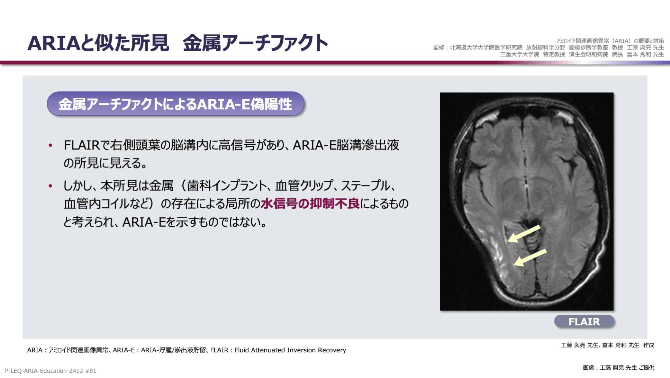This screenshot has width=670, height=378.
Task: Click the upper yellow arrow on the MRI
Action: point(524,234)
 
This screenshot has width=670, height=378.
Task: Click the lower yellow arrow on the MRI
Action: point(530,258)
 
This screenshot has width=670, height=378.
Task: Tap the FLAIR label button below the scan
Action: point(584,322)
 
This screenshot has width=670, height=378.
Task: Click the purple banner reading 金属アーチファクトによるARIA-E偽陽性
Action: point(175,104)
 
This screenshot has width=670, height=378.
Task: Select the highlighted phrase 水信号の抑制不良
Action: point(310,204)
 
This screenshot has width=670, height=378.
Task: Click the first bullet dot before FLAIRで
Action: point(51,145)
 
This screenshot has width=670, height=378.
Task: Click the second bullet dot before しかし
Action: point(51,186)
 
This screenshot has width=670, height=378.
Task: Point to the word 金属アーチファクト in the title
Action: point(255,43)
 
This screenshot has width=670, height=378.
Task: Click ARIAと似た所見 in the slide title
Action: point(98,43)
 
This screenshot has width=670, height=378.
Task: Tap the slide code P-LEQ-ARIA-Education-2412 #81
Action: point(51,371)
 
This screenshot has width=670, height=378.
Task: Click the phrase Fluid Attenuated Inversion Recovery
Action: point(290,350)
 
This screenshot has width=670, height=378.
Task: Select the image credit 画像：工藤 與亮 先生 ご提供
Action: point(618,368)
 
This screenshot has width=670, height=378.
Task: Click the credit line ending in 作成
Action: point(607,345)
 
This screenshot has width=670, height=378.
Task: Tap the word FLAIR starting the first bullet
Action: point(82,145)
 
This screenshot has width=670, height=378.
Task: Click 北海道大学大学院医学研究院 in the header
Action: point(486,47)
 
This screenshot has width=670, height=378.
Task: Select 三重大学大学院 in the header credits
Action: point(519,54)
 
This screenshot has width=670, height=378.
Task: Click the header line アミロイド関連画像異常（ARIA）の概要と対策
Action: point(610,41)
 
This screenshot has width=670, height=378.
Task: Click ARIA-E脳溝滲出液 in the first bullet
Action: point(346,145)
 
